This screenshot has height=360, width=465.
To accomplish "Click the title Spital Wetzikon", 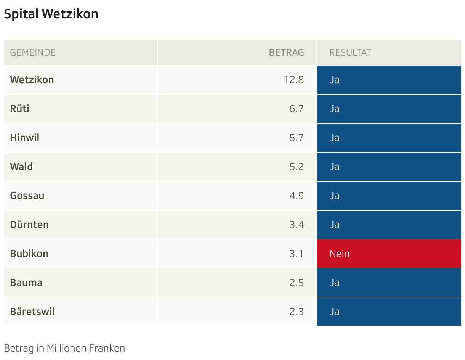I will pos(51,14).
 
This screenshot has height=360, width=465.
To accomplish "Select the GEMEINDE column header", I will pos(33,52).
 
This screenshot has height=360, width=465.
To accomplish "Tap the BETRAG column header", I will pos(286,52).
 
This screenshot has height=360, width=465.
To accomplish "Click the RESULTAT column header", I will pos(350,52).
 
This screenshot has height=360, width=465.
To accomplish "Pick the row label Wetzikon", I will pos(32,80).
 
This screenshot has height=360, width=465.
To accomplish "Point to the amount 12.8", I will pos(293,80).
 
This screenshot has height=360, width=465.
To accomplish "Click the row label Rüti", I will pos(20,109).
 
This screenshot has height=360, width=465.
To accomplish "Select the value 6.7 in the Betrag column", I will pos(296,109).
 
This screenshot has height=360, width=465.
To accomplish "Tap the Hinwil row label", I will pos(25,138).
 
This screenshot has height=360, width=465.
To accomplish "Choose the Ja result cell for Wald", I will pos(389,167).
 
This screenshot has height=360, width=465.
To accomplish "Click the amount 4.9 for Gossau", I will pos(296,196).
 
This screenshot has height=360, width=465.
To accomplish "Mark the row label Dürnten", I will pos(29,225).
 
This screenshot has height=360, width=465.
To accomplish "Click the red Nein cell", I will pos(389,254).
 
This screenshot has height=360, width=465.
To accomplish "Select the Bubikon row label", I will pos(29,254).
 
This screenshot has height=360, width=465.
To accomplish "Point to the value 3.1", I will pos(296,254).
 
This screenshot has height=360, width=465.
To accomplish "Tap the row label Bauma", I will pos(26,283).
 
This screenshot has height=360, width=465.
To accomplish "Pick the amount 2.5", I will pos(296,283).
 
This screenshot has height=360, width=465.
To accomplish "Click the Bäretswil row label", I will pos(32,312).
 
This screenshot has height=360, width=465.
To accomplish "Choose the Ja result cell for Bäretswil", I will pos(389,312).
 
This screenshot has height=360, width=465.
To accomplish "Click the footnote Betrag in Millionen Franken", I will pos(64,348).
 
